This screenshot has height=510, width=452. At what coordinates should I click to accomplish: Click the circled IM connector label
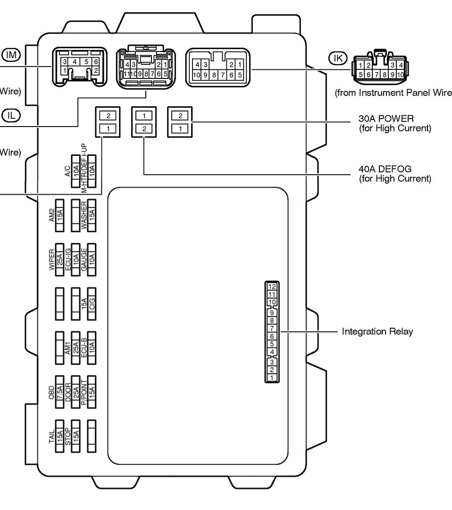[x=11, y=55]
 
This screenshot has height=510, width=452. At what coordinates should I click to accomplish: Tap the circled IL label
[x=10, y=114]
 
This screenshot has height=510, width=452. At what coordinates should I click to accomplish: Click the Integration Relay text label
[x=377, y=331]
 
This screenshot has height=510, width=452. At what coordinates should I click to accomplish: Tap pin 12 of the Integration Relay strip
[x=272, y=286]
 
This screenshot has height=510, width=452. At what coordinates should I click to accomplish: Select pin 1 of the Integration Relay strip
[x=272, y=378]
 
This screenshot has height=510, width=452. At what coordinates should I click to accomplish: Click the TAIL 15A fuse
[x=60, y=436]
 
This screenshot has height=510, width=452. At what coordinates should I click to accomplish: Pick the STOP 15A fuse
[x=75, y=436]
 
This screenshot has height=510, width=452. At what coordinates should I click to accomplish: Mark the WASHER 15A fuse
[x=92, y=215]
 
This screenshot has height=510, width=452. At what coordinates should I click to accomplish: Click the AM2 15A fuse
[x=60, y=215]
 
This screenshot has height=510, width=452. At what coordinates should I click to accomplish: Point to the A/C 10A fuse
[x=75, y=171]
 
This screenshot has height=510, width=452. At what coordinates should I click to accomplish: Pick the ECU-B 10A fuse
[x=92, y=347]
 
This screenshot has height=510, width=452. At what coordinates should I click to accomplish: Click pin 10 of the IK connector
[x=401, y=75]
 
